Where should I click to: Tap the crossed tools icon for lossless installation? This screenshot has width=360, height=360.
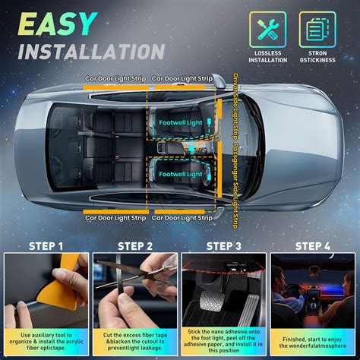(x=267, y=28)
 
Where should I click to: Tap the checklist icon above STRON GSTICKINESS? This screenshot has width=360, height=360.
(x=317, y=28)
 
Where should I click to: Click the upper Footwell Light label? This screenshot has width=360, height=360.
(x=181, y=122)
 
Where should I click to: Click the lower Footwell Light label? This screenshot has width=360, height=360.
(x=181, y=175)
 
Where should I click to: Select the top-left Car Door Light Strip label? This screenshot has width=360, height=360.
(x=115, y=78)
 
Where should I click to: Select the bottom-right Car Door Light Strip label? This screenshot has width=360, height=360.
(x=182, y=218)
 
